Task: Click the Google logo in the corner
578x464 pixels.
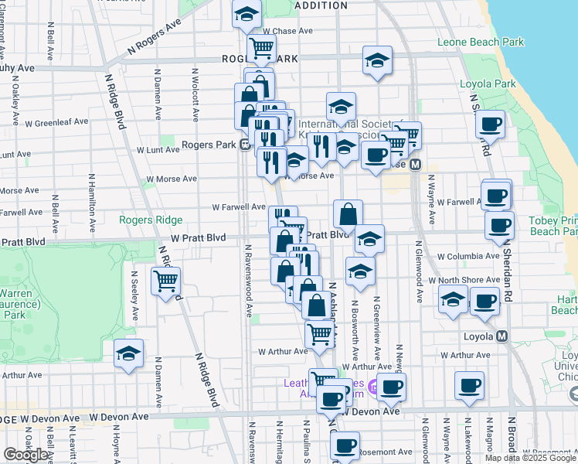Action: [x=26, y=455]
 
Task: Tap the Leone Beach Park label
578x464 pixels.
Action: [x=480, y=43]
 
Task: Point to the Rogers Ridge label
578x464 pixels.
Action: [x=151, y=220]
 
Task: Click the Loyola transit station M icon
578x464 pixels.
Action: [x=502, y=336]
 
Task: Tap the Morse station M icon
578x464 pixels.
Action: [x=415, y=165]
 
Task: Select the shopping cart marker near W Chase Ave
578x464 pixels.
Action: [x=261, y=48]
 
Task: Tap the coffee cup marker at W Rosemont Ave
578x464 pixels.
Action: [x=345, y=445]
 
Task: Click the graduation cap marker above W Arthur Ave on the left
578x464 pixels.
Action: [x=128, y=353]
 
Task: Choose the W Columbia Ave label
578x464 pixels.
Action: [x=468, y=256]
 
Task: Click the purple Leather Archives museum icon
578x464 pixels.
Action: [x=374, y=387]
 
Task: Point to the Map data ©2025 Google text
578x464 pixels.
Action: [x=530, y=458]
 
